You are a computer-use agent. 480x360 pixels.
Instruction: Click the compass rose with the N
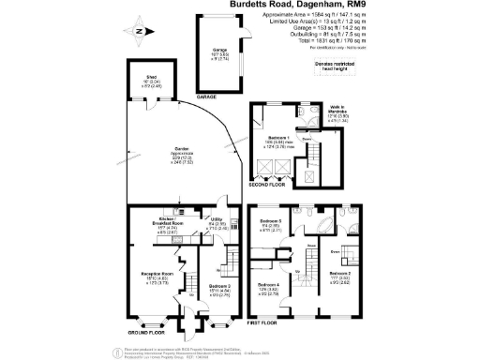tap(138, 30)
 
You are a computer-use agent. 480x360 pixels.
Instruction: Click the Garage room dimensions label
tap(222, 55)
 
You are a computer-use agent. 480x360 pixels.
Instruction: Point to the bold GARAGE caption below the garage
tap(206, 97)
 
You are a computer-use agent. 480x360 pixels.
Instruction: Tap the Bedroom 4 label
tap(269, 289)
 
